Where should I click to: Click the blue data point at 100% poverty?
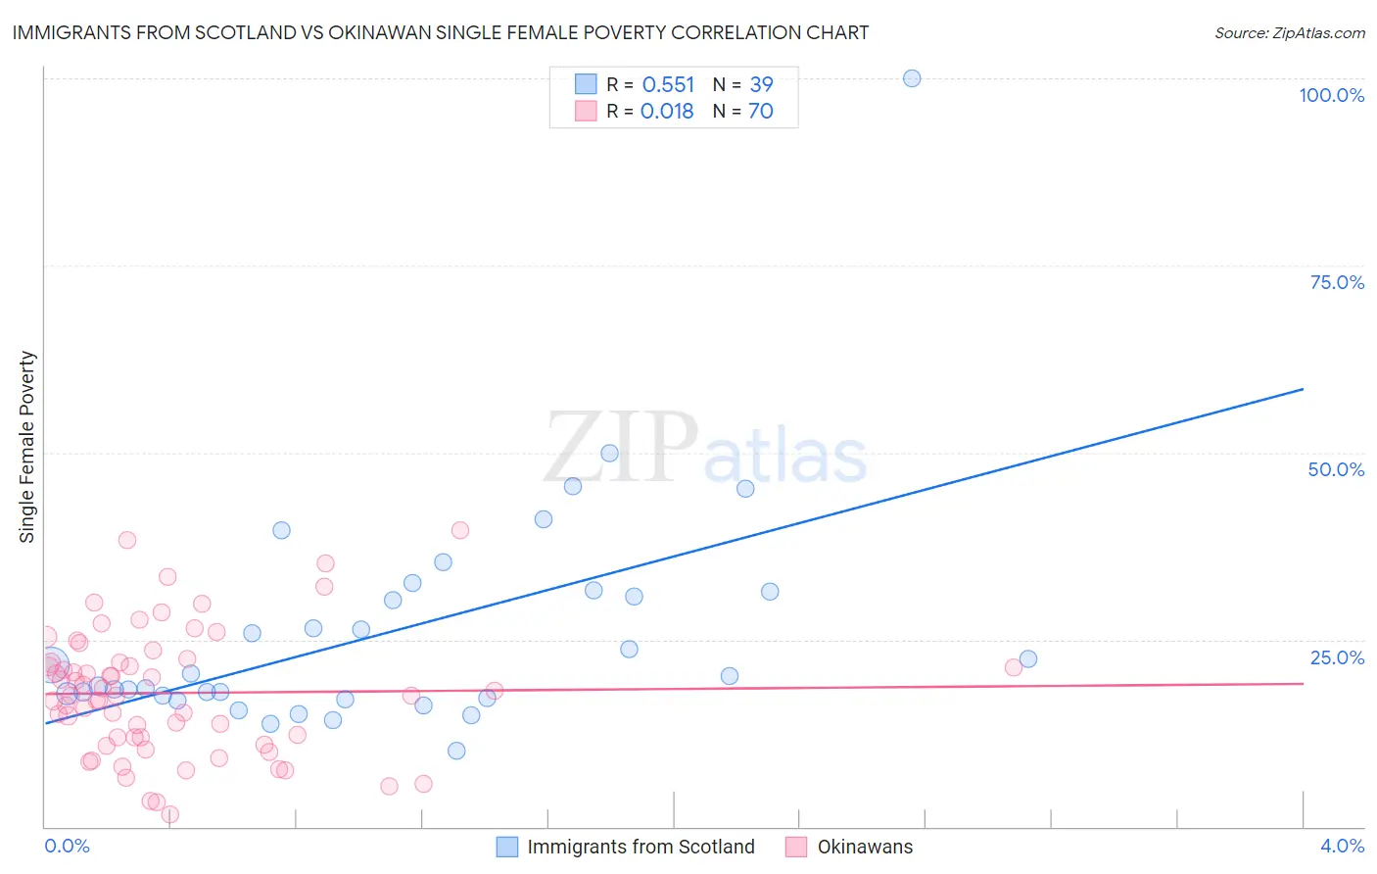pos(912,78)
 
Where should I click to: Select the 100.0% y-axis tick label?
pos(1331,95)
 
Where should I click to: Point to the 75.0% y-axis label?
pos(1337,282)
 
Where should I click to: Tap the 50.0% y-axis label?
pos(1336,469)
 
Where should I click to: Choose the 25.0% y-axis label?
pos(1337,656)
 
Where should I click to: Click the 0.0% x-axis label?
pos(67,846)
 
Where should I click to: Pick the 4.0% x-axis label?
pos(1342,846)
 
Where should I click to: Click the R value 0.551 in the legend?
pos(668,85)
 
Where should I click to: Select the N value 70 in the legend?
pos(761,112)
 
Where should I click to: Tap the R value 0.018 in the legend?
pos(667,112)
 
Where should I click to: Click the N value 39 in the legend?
pos(761,85)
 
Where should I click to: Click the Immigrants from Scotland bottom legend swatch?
pos(506,847)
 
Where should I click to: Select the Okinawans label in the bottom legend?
pos(865,847)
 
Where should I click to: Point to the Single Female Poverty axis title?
pos(27,447)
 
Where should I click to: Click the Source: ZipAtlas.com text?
pos(1289,33)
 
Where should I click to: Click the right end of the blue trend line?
pos(1303,389)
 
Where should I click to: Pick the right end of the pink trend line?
pos(1303,683)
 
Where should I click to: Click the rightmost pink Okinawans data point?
pos(1014,667)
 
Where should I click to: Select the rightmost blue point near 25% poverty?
pos(1027,659)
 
